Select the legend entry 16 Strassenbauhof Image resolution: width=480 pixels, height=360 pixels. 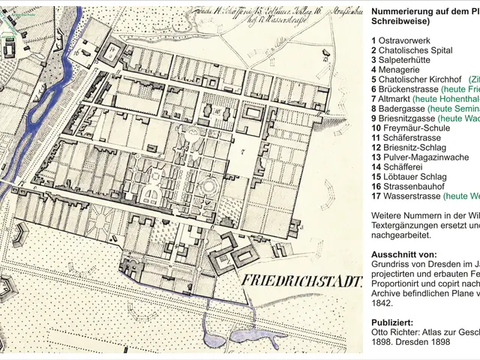407,186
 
